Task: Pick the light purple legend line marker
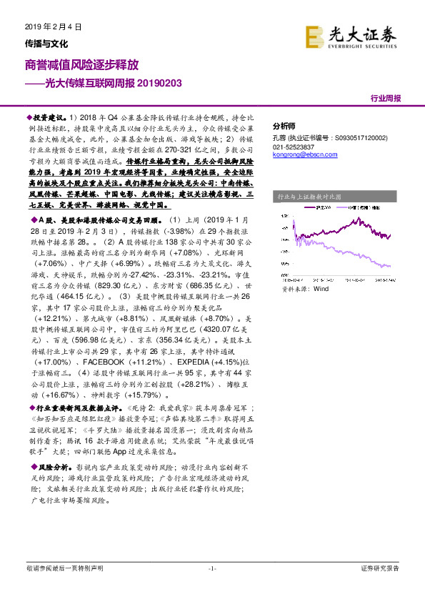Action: tap(348, 207)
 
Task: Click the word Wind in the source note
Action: tap(321, 290)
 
